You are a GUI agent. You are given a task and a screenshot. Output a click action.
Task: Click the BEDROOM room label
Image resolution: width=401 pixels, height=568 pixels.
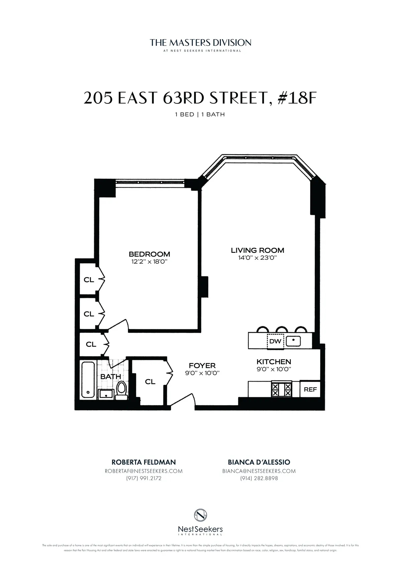[x=149, y=254]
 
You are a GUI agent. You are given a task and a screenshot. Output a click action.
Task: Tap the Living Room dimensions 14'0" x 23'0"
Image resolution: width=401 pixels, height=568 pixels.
[x=257, y=258]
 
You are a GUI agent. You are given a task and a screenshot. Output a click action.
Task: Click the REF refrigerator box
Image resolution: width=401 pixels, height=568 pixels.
[x=310, y=389]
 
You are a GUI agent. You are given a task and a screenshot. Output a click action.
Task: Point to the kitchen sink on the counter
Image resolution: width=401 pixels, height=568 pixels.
[x=293, y=341]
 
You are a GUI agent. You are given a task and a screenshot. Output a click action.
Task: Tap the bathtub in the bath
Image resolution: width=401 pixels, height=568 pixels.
[x=88, y=380]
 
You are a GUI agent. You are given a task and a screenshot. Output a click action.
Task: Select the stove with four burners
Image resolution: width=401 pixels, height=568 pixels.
[x=281, y=389]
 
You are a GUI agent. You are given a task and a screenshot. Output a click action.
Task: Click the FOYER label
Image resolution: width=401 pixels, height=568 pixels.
[x=202, y=366]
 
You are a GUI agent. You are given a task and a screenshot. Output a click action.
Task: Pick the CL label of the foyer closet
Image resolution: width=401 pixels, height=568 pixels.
[x=150, y=382]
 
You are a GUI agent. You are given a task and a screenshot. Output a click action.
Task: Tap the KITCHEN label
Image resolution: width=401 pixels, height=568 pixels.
[x=274, y=361]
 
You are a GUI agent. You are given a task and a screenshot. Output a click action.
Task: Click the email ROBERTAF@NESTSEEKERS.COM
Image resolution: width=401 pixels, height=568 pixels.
[x=144, y=471]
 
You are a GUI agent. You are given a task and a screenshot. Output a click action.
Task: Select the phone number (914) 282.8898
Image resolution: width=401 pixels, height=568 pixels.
[x=259, y=478]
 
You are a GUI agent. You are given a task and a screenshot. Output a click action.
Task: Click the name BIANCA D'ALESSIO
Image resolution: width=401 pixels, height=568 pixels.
[x=259, y=462]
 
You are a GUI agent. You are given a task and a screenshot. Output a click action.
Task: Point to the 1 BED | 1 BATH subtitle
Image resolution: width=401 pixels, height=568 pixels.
[x=200, y=114]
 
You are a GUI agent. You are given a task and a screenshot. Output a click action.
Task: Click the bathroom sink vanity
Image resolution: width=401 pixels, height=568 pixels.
[x=106, y=394]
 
